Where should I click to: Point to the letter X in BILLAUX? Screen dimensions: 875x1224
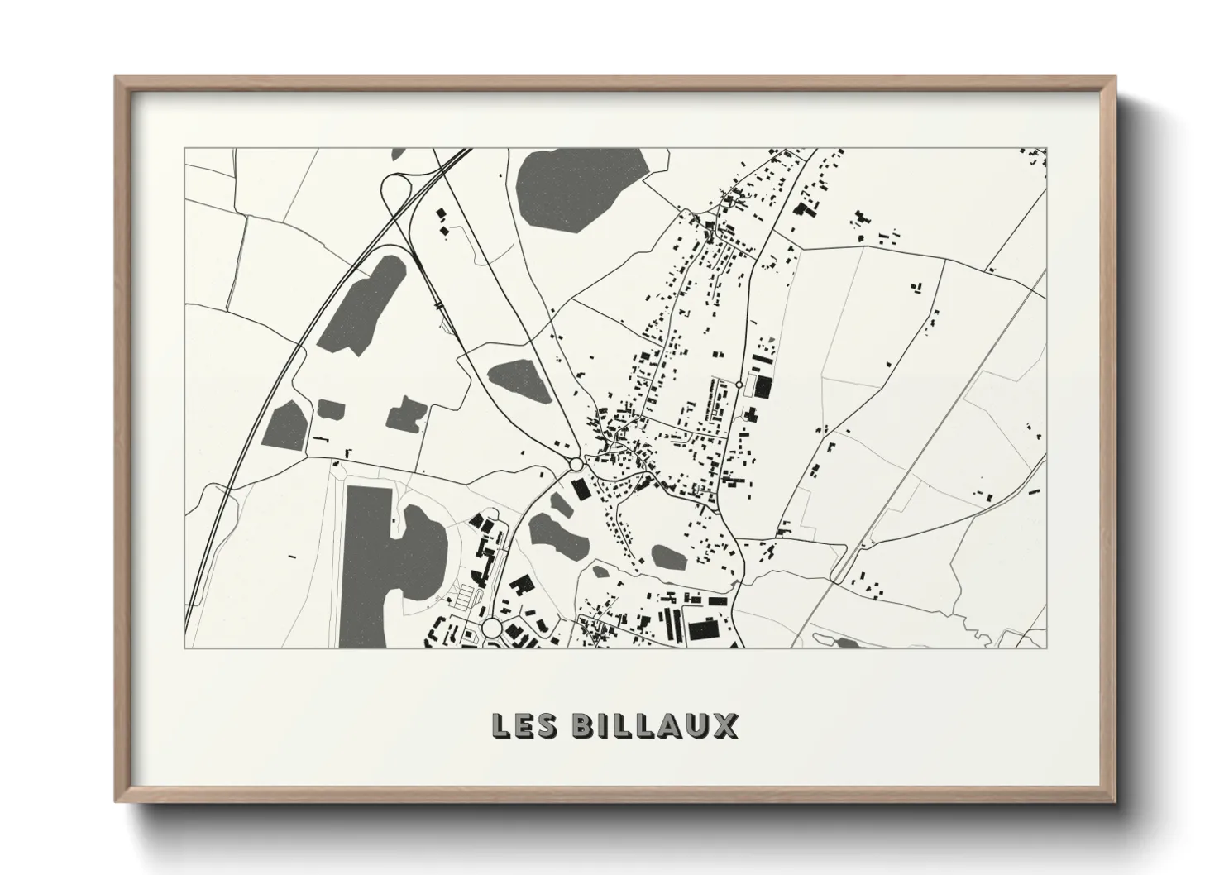click(725, 725)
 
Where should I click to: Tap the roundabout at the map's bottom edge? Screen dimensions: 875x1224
click(492, 628)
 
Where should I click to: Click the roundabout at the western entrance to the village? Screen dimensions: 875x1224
click(575, 465)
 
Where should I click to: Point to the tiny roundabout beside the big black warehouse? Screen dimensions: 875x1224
click(739, 385)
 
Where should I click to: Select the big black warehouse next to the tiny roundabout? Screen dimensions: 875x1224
click(762, 387)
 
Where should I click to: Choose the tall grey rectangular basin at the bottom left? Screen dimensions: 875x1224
click(364, 562)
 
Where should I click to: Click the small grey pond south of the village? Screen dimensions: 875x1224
click(668, 557)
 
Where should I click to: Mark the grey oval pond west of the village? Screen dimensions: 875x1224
click(519, 378)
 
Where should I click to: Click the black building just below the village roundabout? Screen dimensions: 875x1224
click(582, 489)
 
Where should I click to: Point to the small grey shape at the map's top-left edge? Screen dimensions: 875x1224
click(398, 153)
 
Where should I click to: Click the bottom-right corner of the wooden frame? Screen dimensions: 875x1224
click(1114, 801)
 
